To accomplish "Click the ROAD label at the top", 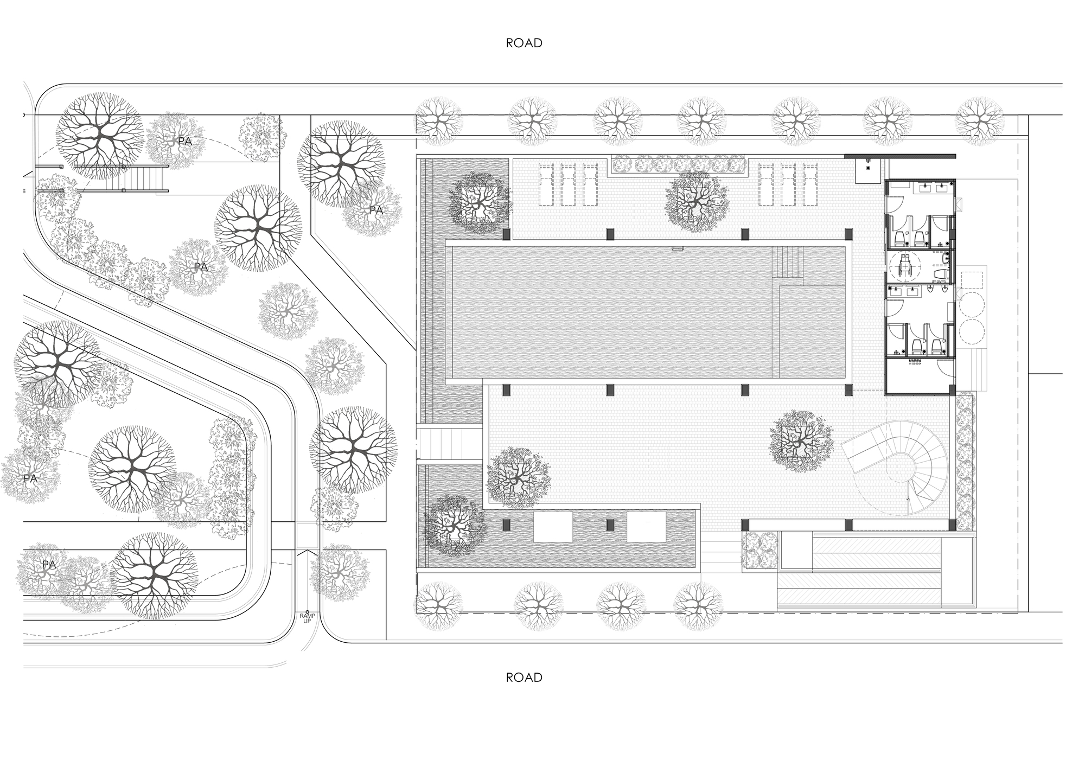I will [x=524, y=43].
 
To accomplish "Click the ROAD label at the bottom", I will [x=524, y=677].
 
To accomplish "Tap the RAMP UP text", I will [x=307, y=618].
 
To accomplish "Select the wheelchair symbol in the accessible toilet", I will [x=904, y=266].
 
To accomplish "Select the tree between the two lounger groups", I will [x=696, y=200].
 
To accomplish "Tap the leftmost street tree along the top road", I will [x=438, y=121].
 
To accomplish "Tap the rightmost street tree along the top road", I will [x=979, y=121].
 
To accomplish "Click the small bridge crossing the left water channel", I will [x=450, y=443].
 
